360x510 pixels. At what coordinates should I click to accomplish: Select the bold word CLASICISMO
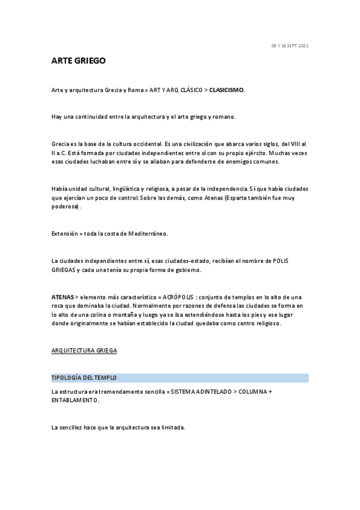(227, 90)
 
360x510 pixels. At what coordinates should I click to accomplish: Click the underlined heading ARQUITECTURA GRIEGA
(84, 349)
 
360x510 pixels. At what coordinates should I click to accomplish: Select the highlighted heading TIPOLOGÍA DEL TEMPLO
(84, 378)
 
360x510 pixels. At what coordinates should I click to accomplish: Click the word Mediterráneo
(145, 233)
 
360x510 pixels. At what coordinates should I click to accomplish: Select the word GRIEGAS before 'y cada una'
(64, 270)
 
